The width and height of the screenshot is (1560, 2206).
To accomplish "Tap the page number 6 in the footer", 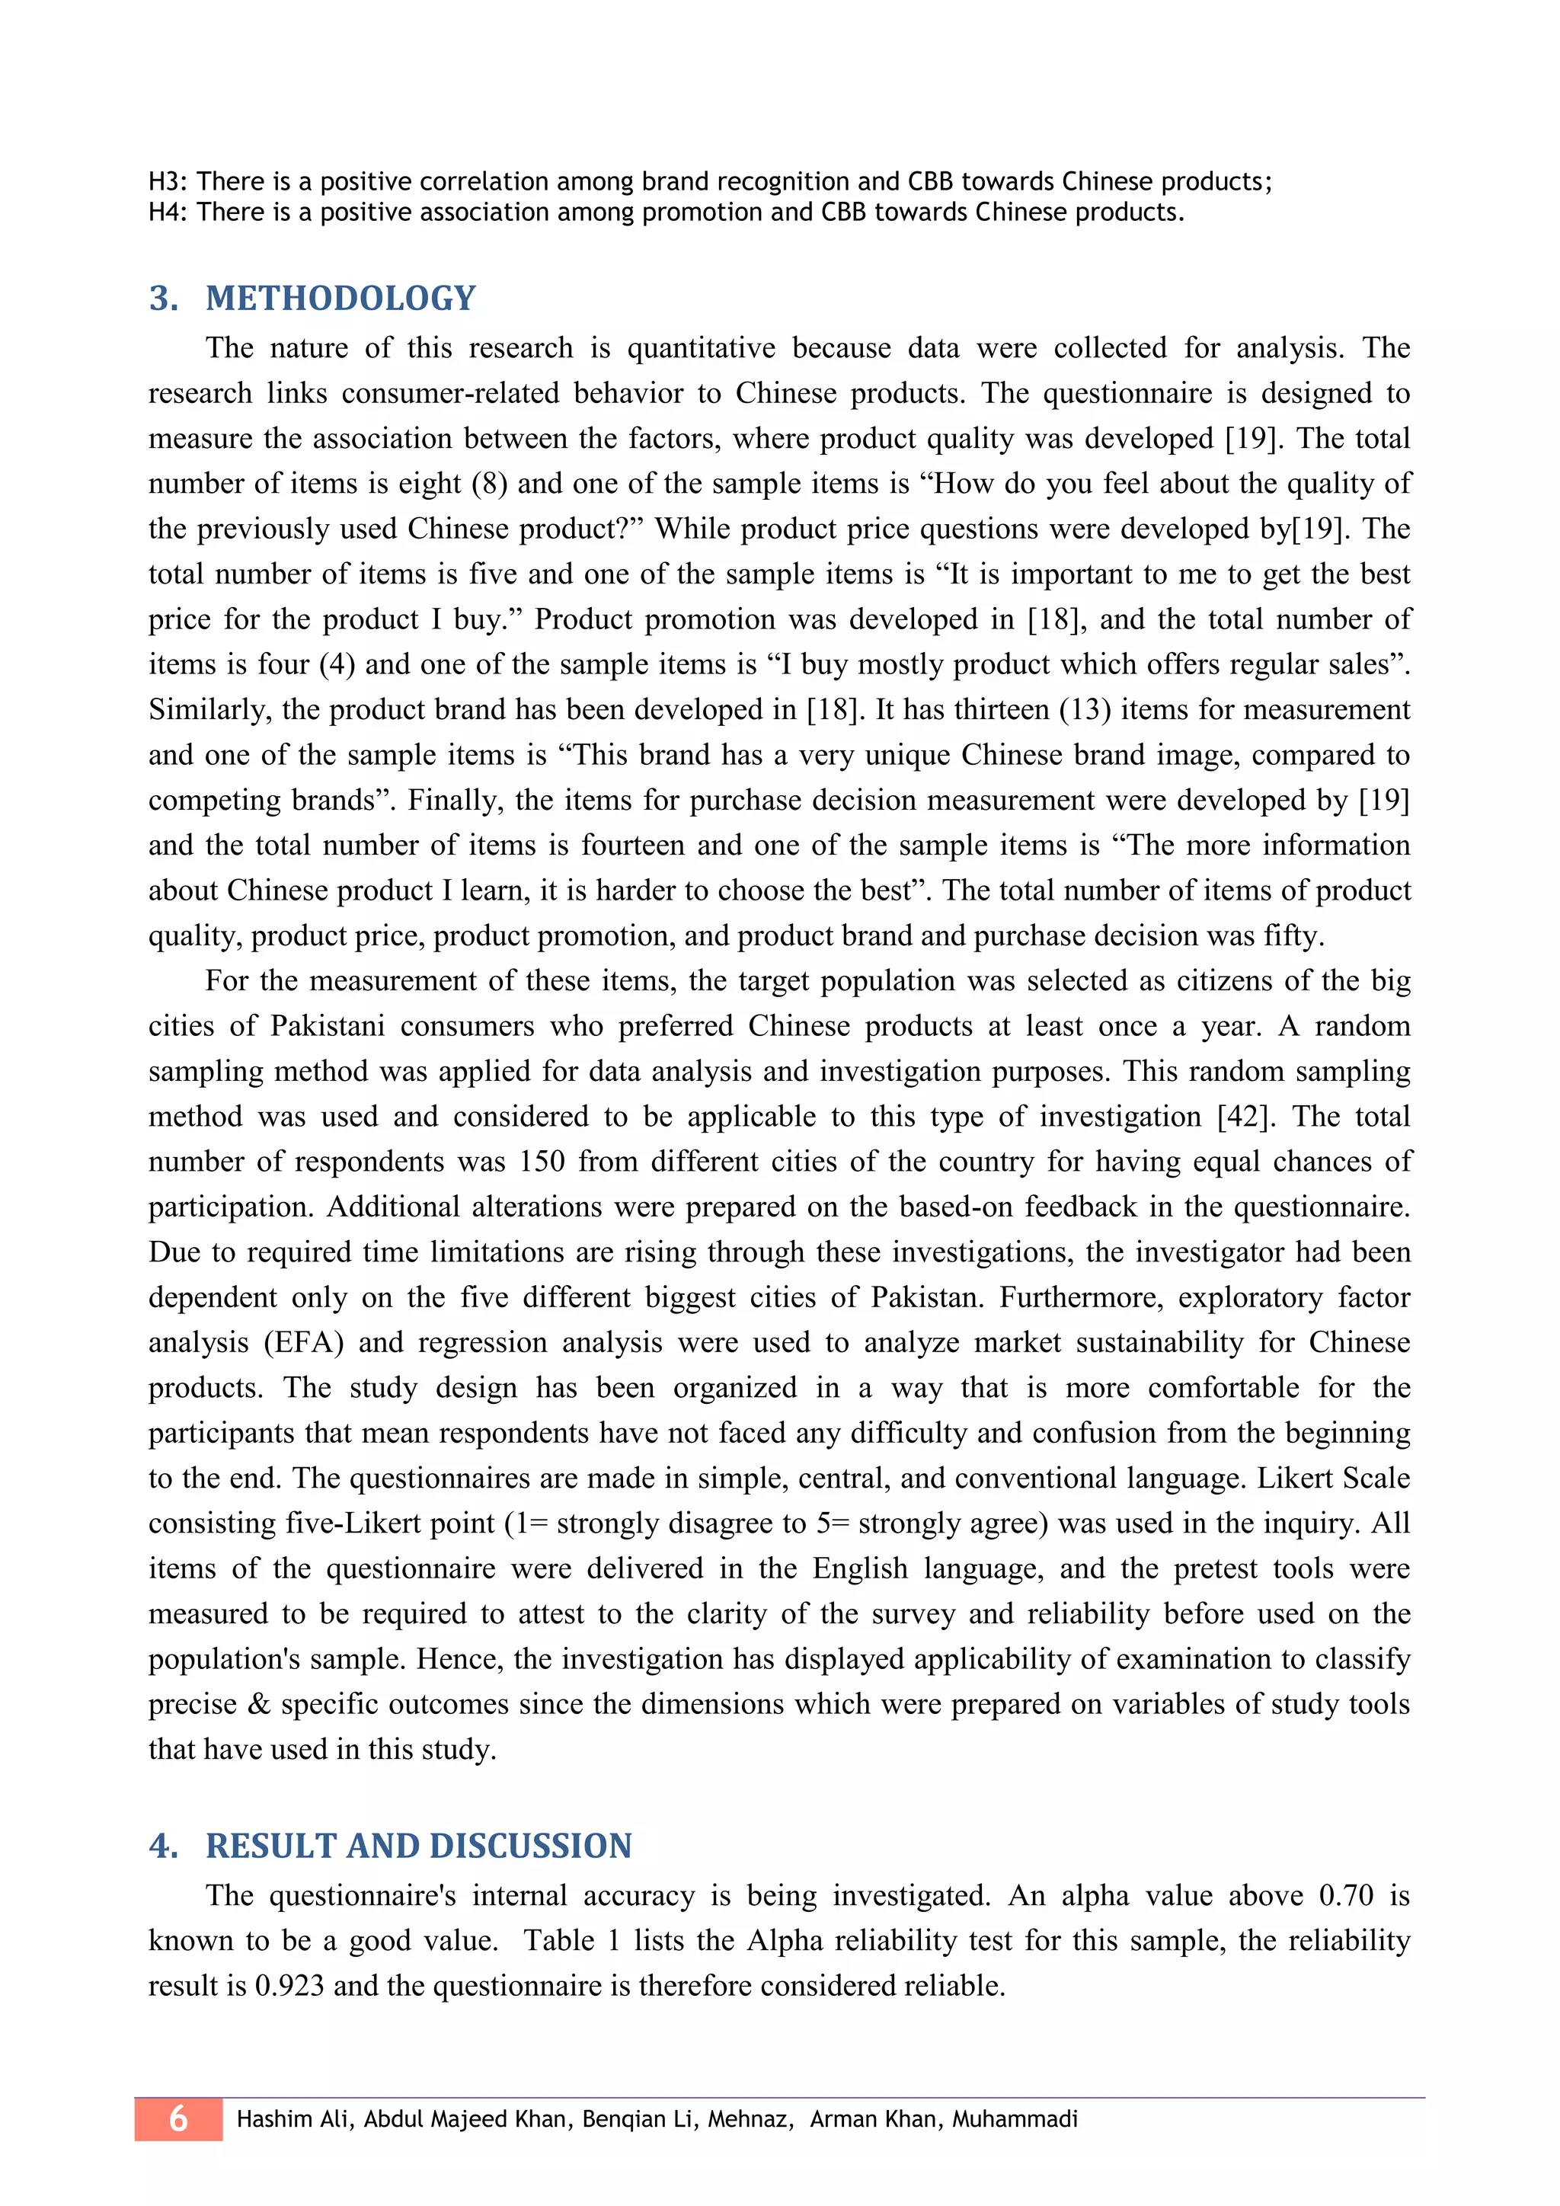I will point(179,2118).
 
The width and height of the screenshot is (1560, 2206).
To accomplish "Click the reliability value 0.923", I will point(289,1986).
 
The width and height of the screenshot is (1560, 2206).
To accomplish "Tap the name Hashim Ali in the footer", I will point(293,2118).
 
